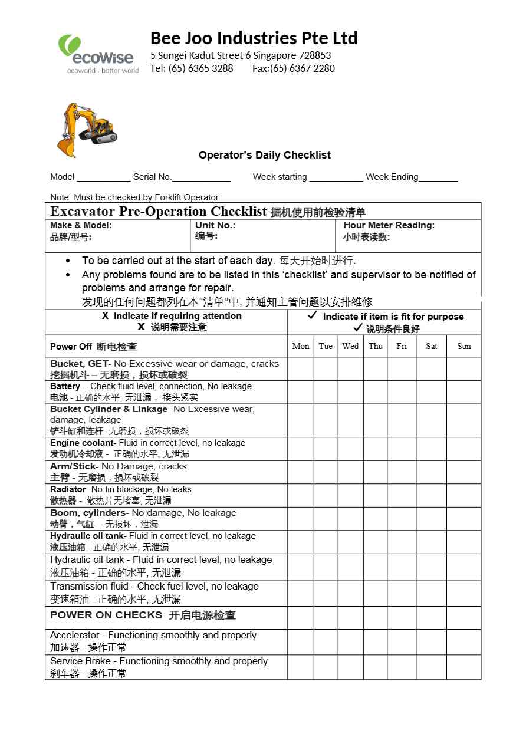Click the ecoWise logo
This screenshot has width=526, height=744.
[98, 54]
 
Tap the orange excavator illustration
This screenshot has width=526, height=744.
[87, 130]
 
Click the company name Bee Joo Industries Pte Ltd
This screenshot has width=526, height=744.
[254, 38]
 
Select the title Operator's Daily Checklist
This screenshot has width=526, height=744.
[264, 155]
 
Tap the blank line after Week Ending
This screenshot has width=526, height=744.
[438, 178]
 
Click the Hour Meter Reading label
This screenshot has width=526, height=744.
[389, 225]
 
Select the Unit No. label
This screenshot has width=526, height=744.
[215, 225]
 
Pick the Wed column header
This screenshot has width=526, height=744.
[350, 346]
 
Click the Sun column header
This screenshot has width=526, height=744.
[464, 346]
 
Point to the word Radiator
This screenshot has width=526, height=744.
[68, 489]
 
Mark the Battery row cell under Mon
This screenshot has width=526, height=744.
[301, 392]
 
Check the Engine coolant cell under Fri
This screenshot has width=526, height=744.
[402, 449]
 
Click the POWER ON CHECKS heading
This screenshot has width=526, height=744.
[106, 615]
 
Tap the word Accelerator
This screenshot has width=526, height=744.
[75, 636]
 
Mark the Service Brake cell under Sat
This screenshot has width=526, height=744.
[432, 667]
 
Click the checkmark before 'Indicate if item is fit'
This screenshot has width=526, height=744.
[313, 316]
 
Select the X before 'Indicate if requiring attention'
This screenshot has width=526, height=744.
[105, 316]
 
